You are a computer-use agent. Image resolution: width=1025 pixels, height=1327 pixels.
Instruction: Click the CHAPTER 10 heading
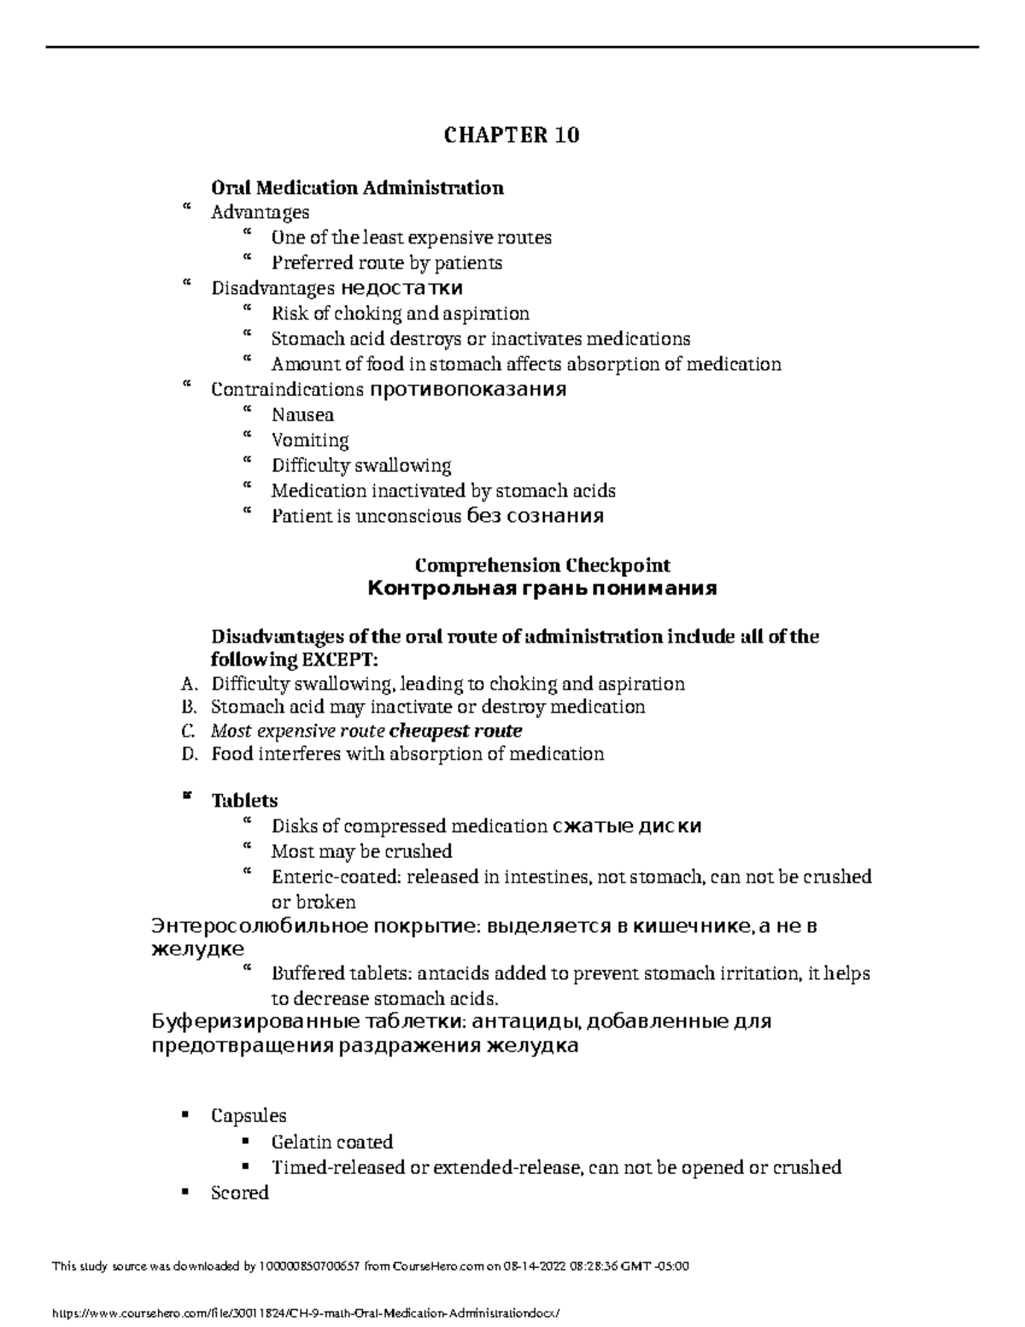512,135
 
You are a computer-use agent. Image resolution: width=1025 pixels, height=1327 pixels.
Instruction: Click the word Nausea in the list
302,415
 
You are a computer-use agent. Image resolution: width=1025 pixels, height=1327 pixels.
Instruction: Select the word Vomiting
310,441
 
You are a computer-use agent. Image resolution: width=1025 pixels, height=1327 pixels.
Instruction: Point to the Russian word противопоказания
467,390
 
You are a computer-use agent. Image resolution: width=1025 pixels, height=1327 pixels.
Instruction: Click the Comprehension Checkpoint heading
542,566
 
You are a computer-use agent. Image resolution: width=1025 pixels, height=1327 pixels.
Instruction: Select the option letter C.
189,731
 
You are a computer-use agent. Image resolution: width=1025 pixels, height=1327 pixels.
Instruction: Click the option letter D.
190,755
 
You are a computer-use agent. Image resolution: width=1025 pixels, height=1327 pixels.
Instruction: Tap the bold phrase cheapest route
455,731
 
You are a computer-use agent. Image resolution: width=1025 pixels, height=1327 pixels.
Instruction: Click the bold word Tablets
244,801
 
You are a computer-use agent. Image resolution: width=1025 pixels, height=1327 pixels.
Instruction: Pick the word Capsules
249,1116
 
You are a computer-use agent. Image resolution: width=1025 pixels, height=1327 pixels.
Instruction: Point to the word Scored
240,1193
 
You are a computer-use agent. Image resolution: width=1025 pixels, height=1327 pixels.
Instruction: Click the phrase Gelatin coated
331,1142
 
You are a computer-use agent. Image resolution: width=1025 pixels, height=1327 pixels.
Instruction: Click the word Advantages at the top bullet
260,212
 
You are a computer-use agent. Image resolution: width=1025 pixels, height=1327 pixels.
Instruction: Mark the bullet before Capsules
184,1116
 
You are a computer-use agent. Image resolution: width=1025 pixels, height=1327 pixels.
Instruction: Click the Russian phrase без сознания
535,517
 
